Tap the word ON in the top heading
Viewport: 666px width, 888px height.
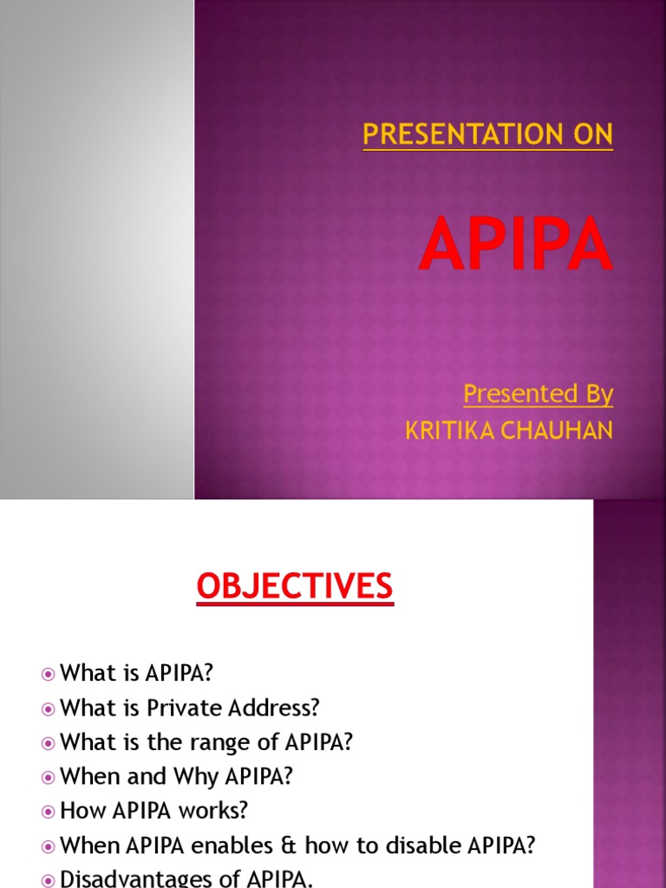[592, 134]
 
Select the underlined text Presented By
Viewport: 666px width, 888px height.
[538, 394]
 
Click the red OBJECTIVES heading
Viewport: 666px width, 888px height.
[295, 587]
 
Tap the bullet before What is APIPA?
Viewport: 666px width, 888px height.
[49, 674]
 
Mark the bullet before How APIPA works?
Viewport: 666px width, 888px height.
[49, 811]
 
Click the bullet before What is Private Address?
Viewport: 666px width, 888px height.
[49, 708]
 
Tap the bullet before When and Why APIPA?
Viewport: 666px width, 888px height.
[49, 777]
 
